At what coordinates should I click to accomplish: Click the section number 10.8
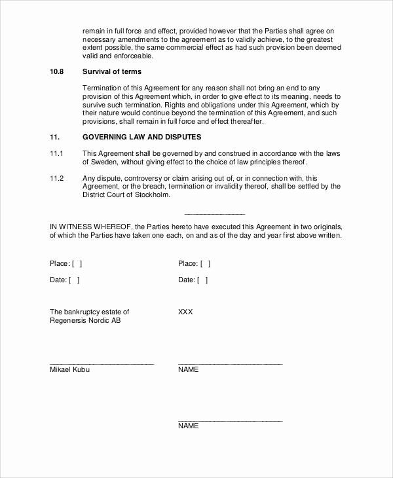click(x=57, y=71)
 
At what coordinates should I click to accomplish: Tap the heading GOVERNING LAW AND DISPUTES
click(x=142, y=137)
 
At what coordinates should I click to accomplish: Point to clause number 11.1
click(x=56, y=153)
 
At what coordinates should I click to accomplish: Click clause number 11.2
click(x=56, y=177)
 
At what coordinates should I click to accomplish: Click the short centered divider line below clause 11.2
click(x=214, y=214)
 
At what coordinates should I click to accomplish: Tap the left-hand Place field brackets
click(x=77, y=263)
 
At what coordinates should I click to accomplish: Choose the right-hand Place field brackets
click(x=205, y=263)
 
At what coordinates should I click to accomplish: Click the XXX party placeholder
click(x=185, y=312)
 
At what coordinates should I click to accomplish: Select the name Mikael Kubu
click(x=70, y=370)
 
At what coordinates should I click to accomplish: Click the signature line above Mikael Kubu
click(x=102, y=363)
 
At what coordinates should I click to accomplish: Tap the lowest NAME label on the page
click(x=188, y=426)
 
